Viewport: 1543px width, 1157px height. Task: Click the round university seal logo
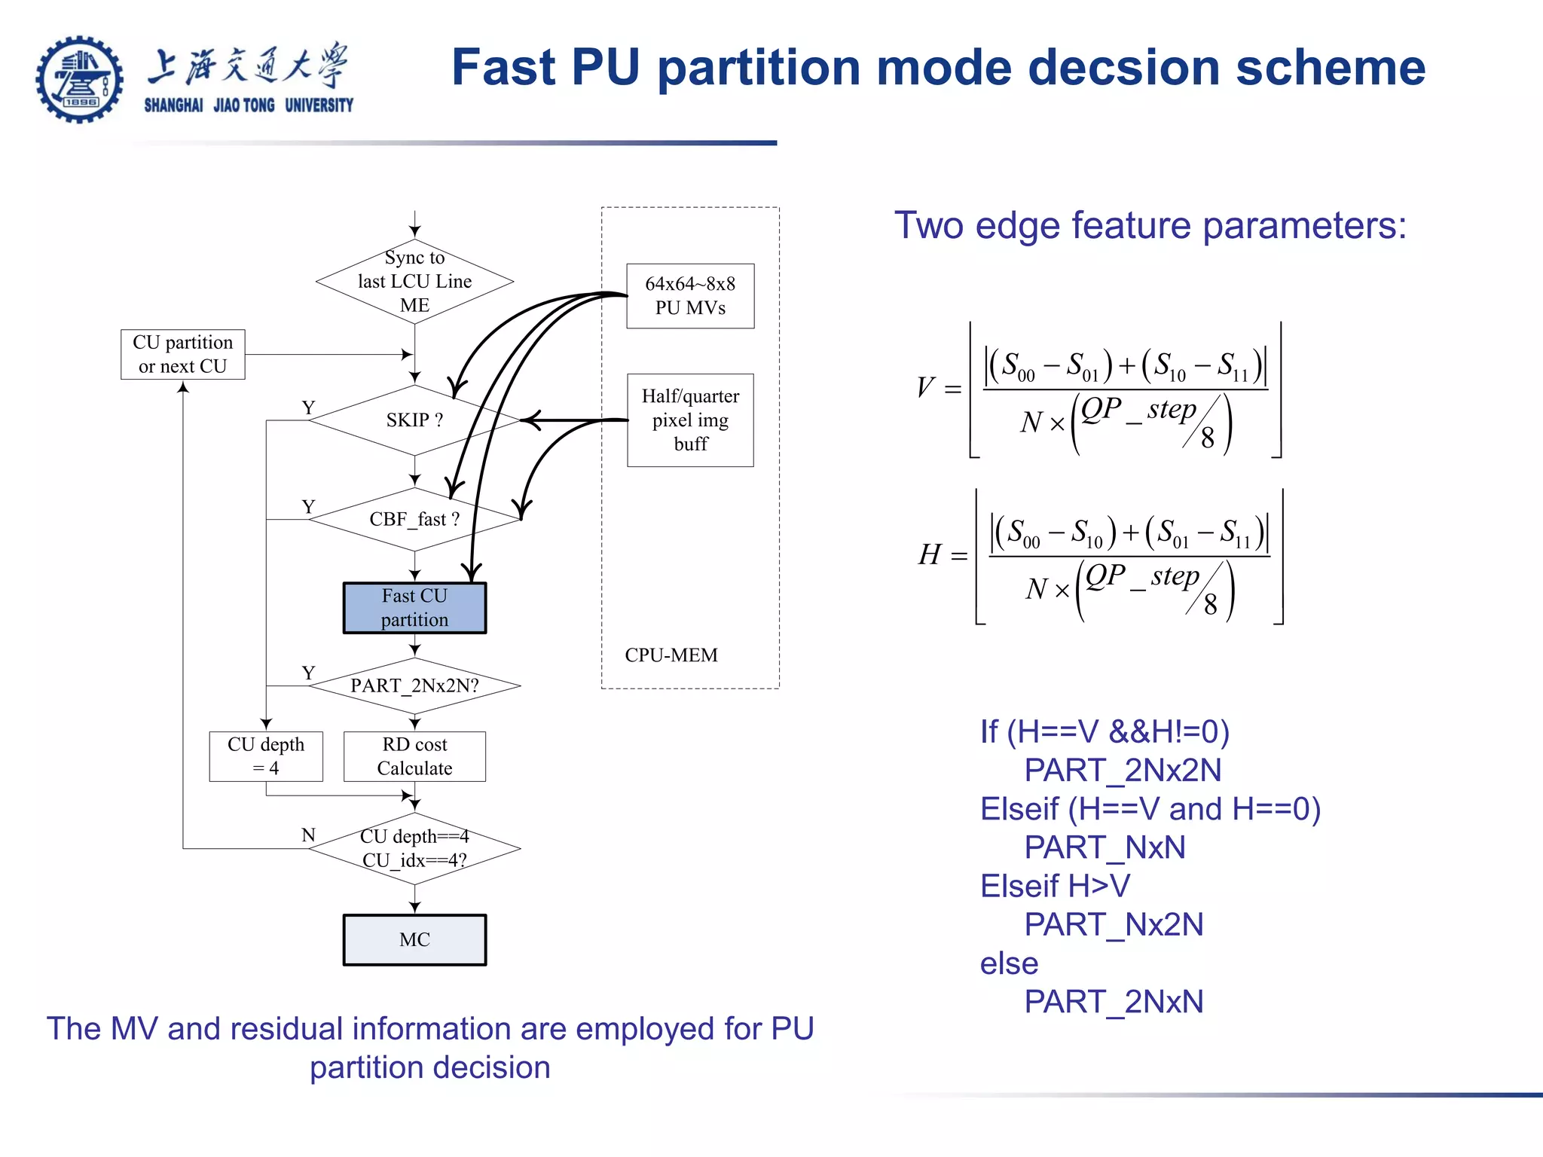pyautogui.click(x=79, y=79)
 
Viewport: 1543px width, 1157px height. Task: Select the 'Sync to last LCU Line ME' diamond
pyautogui.click(x=414, y=282)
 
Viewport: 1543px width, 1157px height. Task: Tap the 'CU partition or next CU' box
pyautogui.click(x=183, y=354)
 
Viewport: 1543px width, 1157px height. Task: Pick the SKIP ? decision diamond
pyautogui.click(x=414, y=420)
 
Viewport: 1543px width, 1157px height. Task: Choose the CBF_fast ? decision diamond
pyautogui.click(x=414, y=519)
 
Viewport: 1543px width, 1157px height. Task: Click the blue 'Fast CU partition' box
pyautogui.click(x=414, y=608)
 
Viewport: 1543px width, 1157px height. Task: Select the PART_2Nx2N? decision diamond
pyautogui.click(x=414, y=685)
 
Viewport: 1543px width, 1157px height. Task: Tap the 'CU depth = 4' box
pyautogui.click(x=266, y=756)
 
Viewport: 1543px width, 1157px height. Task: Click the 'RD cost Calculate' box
pyautogui.click(x=414, y=756)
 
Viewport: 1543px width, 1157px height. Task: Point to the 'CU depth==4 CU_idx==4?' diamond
pyautogui.click(x=414, y=848)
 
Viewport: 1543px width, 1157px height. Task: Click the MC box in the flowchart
pyautogui.click(x=414, y=939)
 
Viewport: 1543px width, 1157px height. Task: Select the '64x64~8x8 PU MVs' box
pyautogui.click(x=690, y=296)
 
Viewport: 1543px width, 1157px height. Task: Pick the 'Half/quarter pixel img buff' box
pyautogui.click(x=690, y=420)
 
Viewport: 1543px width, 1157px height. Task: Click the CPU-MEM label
pyautogui.click(x=671, y=655)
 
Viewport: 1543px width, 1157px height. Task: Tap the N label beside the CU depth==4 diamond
pyautogui.click(x=308, y=835)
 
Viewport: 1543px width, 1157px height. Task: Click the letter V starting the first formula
pyautogui.click(x=925, y=387)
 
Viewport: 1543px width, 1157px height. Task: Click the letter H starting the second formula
pyautogui.click(x=930, y=554)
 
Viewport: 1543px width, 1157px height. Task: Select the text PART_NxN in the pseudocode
pyautogui.click(x=1105, y=847)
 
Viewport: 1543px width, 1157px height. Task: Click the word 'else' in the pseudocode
pyautogui.click(x=1009, y=963)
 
